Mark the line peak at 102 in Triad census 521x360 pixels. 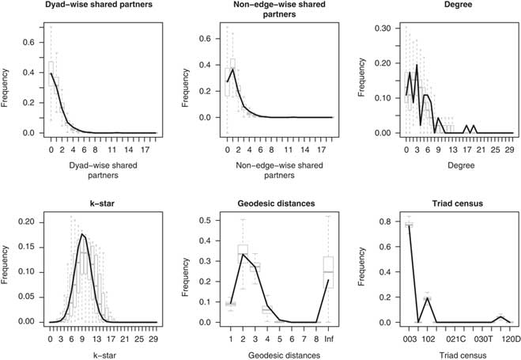[x=428, y=299]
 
